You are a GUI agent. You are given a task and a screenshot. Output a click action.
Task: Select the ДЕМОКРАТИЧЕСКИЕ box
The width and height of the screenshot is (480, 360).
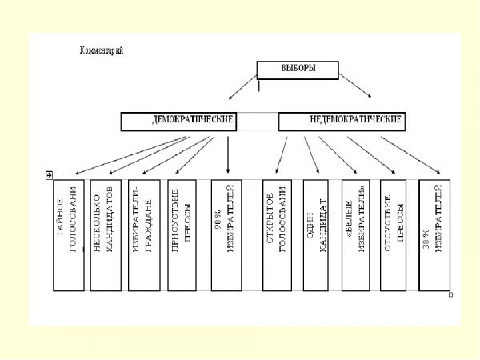tap(181, 121)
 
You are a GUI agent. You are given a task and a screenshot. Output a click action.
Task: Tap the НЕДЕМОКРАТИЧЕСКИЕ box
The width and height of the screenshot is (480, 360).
tap(342, 121)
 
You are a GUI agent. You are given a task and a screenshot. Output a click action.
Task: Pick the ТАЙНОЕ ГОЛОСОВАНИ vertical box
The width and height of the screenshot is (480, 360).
tap(68, 234)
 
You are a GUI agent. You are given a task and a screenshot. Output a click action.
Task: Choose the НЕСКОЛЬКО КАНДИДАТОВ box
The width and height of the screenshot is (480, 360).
tap(104, 234)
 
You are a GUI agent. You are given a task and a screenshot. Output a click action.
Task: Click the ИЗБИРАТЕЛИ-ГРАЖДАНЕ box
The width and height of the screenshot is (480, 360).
tap(142, 234)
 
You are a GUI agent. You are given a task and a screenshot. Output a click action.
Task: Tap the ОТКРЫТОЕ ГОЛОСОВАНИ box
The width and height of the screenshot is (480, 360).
tap(276, 234)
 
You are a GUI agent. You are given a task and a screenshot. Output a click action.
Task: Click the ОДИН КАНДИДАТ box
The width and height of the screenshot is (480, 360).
tap(318, 234)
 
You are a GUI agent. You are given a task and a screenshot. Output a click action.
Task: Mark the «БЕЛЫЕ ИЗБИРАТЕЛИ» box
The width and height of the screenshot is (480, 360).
tap(356, 234)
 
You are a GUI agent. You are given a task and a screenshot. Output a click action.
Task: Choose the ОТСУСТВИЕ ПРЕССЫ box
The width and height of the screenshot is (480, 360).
tap(394, 234)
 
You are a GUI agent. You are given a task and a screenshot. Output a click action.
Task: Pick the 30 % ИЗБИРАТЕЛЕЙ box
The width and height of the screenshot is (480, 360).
tap(434, 234)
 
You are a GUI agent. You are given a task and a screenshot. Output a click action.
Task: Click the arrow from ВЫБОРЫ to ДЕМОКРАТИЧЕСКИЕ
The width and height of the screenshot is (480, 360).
tap(242, 89)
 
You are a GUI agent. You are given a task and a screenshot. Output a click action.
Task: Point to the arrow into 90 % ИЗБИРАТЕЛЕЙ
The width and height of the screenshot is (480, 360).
tap(229, 154)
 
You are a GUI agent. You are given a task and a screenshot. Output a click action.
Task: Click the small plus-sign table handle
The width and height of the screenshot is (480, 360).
tap(50, 174)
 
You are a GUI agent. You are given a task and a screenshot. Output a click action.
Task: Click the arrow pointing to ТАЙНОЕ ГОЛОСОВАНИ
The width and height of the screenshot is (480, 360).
tap(128, 155)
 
